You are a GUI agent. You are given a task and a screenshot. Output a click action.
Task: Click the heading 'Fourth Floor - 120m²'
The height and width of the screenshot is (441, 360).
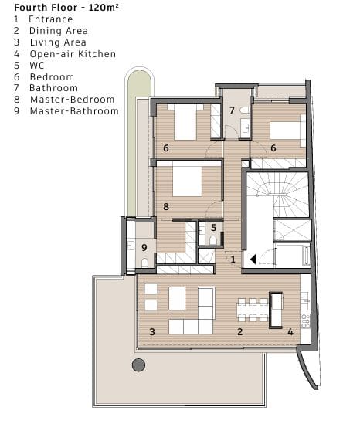[66, 7]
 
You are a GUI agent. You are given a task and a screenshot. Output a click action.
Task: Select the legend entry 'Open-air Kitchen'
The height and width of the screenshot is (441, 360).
[73, 54]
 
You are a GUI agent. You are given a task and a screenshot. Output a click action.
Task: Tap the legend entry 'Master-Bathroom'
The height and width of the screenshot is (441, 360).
[74, 111]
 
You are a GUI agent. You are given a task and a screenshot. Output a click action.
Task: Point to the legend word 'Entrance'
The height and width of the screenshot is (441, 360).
[51, 19]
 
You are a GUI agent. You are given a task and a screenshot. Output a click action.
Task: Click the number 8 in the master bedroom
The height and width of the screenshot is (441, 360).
[166, 207]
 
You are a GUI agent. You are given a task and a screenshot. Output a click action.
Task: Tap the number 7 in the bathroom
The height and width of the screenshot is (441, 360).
[232, 110]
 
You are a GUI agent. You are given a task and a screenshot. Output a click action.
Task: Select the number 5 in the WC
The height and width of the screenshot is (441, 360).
[213, 228]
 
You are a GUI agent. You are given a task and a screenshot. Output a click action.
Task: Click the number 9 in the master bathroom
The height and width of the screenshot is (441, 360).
[144, 247]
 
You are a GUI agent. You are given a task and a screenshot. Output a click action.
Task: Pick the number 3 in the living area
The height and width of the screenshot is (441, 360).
[152, 332]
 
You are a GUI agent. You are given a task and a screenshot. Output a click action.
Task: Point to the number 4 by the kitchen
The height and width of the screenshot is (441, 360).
[290, 332]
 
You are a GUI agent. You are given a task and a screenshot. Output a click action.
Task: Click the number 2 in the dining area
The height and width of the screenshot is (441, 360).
[240, 332]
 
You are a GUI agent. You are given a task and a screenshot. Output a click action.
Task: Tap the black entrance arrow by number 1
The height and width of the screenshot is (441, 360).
[253, 259]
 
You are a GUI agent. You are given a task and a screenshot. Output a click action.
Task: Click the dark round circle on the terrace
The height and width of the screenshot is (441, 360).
[138, 365]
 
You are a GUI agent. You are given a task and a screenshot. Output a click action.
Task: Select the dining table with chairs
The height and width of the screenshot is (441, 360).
[253, 310]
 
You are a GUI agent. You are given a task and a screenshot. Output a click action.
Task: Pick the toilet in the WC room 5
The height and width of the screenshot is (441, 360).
[213, 240]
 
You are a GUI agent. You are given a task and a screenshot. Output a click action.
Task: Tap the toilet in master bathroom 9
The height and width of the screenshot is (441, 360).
[144, 263]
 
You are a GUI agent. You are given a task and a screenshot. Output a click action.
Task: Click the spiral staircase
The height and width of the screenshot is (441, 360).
[278, 195]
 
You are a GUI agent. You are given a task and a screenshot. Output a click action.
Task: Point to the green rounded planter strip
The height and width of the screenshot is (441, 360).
[140, 141]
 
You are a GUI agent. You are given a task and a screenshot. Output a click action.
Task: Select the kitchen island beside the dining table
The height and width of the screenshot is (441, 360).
[276, 310]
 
